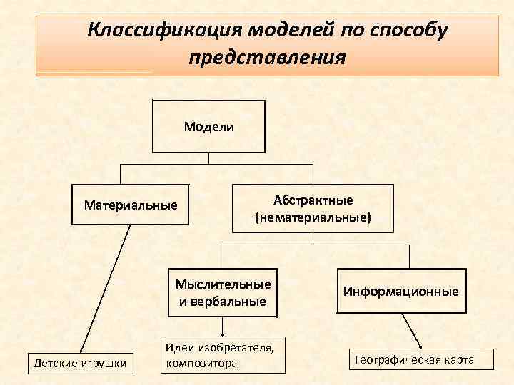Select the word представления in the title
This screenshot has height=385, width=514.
pos(267,58)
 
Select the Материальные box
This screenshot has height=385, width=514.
pos(130,205)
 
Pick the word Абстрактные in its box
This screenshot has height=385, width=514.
pos(313,200)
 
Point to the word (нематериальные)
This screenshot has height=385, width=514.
pos(313,216)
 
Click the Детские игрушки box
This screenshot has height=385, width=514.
pos(80,364)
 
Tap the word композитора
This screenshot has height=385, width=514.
pos(200,363)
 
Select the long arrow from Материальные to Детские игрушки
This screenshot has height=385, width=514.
pos(106,285)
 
